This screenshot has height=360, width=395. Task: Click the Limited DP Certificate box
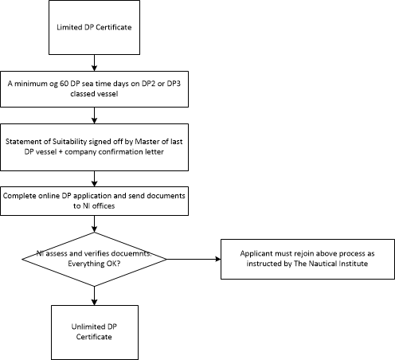coord(94,28)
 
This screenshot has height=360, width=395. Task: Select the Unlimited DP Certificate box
coord(95,332)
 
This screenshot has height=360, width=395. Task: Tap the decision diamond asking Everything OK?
coord(94,259)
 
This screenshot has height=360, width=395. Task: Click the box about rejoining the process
coord(307,259)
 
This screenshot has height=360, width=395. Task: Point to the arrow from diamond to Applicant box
coord(194,259)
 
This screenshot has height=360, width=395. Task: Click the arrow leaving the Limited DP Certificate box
coord(94,63)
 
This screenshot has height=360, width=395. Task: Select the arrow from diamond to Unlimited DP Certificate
coord(94,295)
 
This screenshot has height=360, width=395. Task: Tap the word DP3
coord(174,84)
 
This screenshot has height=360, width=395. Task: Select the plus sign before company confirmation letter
coord(61,152)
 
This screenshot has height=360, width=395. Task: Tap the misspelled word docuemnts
coord(131,253)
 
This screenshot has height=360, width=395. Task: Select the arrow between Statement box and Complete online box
coord(94,178)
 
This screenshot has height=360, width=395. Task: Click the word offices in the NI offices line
coord(104,206)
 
